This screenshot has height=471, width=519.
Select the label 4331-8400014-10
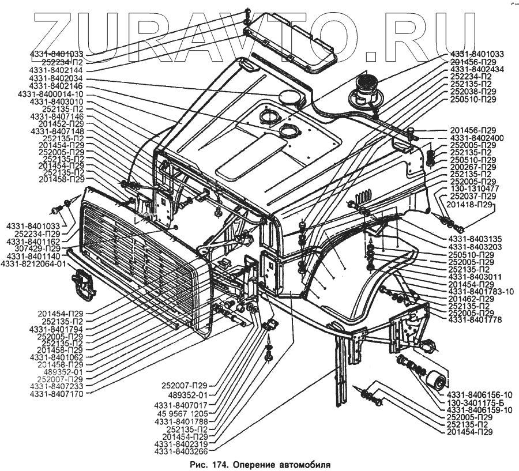coord(51,94)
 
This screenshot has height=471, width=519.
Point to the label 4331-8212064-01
coord(33,264)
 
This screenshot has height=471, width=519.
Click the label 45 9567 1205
coord(181,413)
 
